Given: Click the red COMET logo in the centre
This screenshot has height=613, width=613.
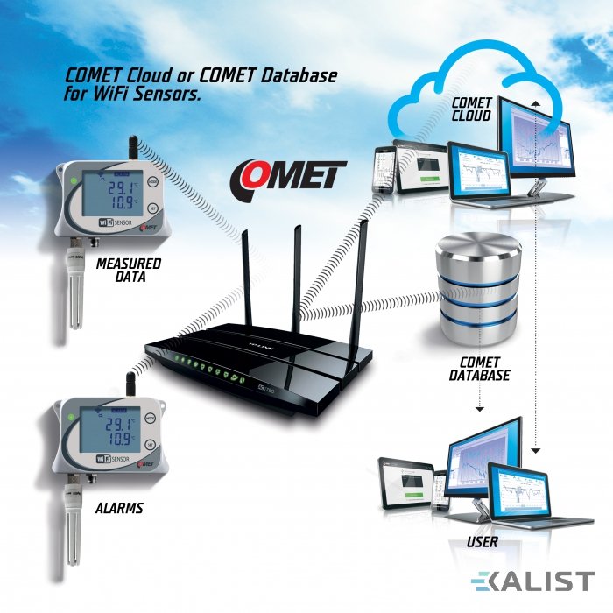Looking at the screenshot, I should coord(289,175).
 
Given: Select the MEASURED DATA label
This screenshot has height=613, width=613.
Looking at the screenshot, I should coord(128,270).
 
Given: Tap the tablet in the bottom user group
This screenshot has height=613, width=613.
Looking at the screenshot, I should coord(412,485).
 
